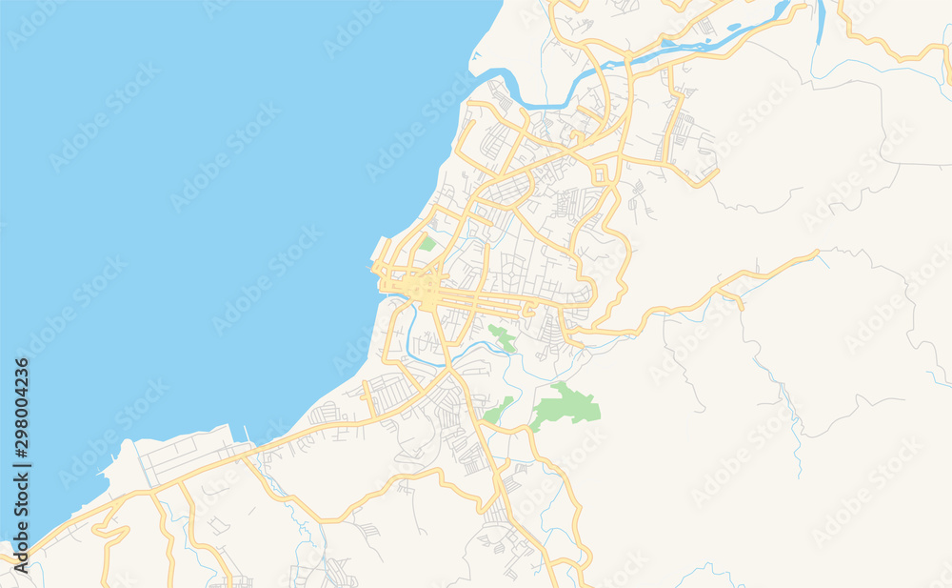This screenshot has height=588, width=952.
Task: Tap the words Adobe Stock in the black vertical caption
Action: (x=21, y=515)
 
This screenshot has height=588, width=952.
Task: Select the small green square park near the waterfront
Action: (x=427, y=244)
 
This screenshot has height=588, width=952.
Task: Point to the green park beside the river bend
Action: (x=501, y=336)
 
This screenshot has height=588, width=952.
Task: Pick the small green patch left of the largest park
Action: (x=497, y=411)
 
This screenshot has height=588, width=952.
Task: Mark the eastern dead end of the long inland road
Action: (x=816, y=253)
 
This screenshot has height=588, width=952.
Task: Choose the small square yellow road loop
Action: (x=601, y=175)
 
